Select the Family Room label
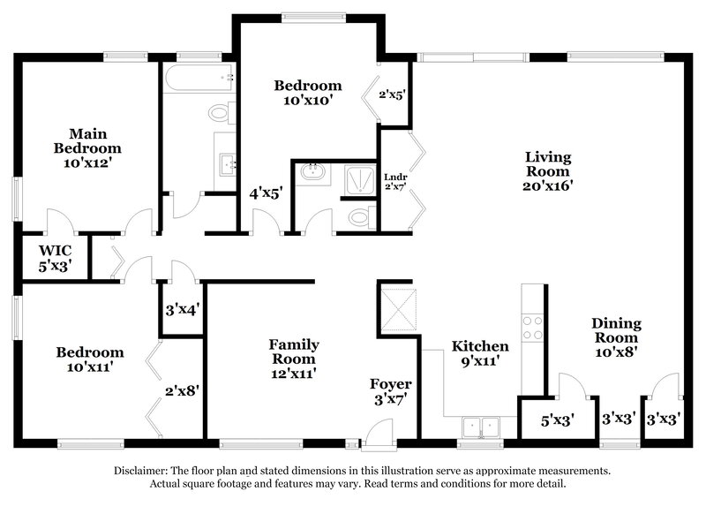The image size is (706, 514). (294, 359)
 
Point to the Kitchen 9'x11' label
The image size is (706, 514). (480, 353)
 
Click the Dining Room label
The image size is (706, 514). (616, 336)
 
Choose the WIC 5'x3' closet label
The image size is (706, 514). (55, 255)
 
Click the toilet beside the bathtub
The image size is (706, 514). (218, 112)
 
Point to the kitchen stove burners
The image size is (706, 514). (532, 328)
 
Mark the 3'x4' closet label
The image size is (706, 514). (182, 310)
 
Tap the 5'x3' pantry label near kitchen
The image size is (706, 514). (555, 420)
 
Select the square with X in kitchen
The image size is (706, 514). (396, 308)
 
